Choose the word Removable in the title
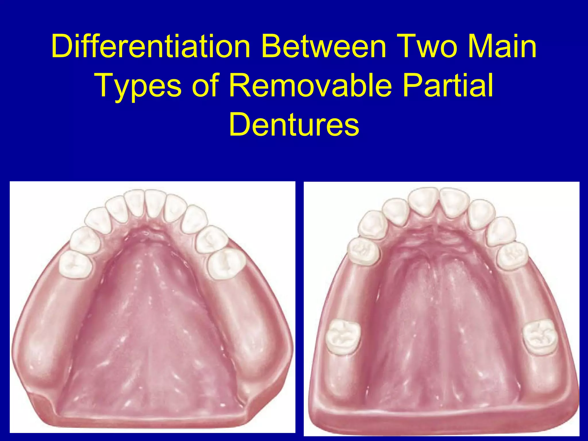click(x=310, y=86)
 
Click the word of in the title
click(x=206, y=86)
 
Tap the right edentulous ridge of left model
click(x=258, y=330)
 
